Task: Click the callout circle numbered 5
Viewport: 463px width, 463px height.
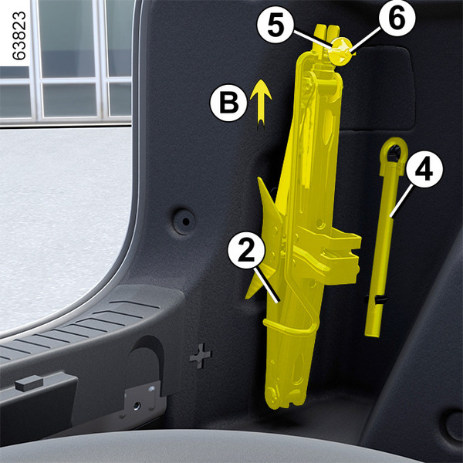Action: point(275,25)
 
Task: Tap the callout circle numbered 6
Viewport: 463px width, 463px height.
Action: point(397,19)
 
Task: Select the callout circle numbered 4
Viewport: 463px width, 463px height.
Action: point(424,169)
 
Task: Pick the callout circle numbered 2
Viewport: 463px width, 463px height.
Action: point(246,250)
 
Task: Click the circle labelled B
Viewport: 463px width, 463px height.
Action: point(228,103)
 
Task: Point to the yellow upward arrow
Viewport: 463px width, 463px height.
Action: point(261,104)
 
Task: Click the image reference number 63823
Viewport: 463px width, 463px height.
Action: point(19,35)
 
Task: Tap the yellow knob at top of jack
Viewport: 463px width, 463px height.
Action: point(342,52)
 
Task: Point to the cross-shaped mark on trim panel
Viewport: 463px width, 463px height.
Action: point(201,356)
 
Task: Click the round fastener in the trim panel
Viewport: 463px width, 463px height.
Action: point(184,221)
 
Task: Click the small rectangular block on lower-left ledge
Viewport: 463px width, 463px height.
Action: point(29,383)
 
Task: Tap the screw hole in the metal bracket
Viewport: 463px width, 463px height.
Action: point(137,406)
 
